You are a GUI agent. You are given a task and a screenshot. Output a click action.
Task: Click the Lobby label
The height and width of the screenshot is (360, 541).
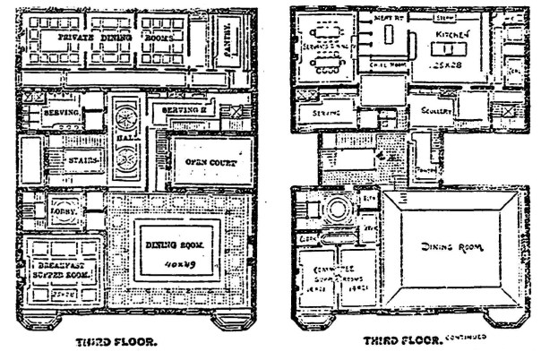coord(61,216)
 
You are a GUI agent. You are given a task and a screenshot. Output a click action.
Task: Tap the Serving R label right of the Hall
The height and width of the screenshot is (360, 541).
coord(182,113)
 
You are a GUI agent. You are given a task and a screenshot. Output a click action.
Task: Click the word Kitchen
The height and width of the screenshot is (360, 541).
coord(447,33)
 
